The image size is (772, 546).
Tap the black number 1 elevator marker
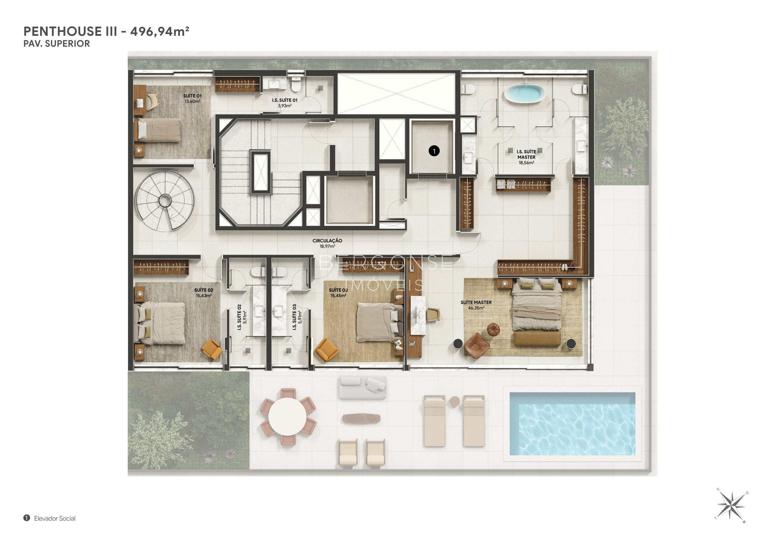point(434,151)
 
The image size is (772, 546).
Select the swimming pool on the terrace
point(572,424)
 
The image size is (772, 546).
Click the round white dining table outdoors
point(287,417)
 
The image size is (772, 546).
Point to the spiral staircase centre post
point(165,201)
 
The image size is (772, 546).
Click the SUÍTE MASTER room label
point(476,302)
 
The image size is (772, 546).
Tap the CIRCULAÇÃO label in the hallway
point(327,241)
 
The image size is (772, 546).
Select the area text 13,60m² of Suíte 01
point(192,102)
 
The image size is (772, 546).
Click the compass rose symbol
point(731,505)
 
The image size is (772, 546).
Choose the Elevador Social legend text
point(55,519)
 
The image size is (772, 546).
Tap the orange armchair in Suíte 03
point(327,350)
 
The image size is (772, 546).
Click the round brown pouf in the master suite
point(493,330)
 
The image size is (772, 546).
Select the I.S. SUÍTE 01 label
point(284,100)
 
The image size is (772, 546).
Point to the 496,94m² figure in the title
point(160,31)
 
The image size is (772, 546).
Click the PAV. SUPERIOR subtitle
point(56,44)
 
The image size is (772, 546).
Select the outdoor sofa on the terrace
point(362,387)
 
